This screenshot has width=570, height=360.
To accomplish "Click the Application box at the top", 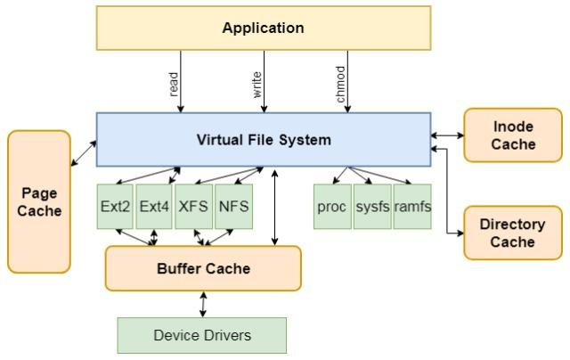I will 263,28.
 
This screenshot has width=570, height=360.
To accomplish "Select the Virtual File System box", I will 263,139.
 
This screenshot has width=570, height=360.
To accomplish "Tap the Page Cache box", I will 39,201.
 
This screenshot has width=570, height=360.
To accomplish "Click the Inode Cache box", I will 513,135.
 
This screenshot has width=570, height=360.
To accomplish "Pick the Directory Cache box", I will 513,233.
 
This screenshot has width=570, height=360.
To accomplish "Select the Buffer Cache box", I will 203,268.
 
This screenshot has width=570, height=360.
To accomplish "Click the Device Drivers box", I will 202,335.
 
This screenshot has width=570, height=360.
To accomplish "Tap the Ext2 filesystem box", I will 116,206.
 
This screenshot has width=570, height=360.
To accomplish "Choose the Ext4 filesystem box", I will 154,206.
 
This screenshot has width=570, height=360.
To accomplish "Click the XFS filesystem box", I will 192,206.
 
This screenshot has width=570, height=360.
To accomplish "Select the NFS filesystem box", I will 232,206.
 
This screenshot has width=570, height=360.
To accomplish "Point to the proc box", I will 331,206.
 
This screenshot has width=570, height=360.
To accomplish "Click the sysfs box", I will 372,206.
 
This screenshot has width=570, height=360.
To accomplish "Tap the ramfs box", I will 412,206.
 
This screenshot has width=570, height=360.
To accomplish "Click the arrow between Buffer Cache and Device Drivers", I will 204,304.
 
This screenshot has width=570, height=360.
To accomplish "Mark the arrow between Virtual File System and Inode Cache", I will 447,135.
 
